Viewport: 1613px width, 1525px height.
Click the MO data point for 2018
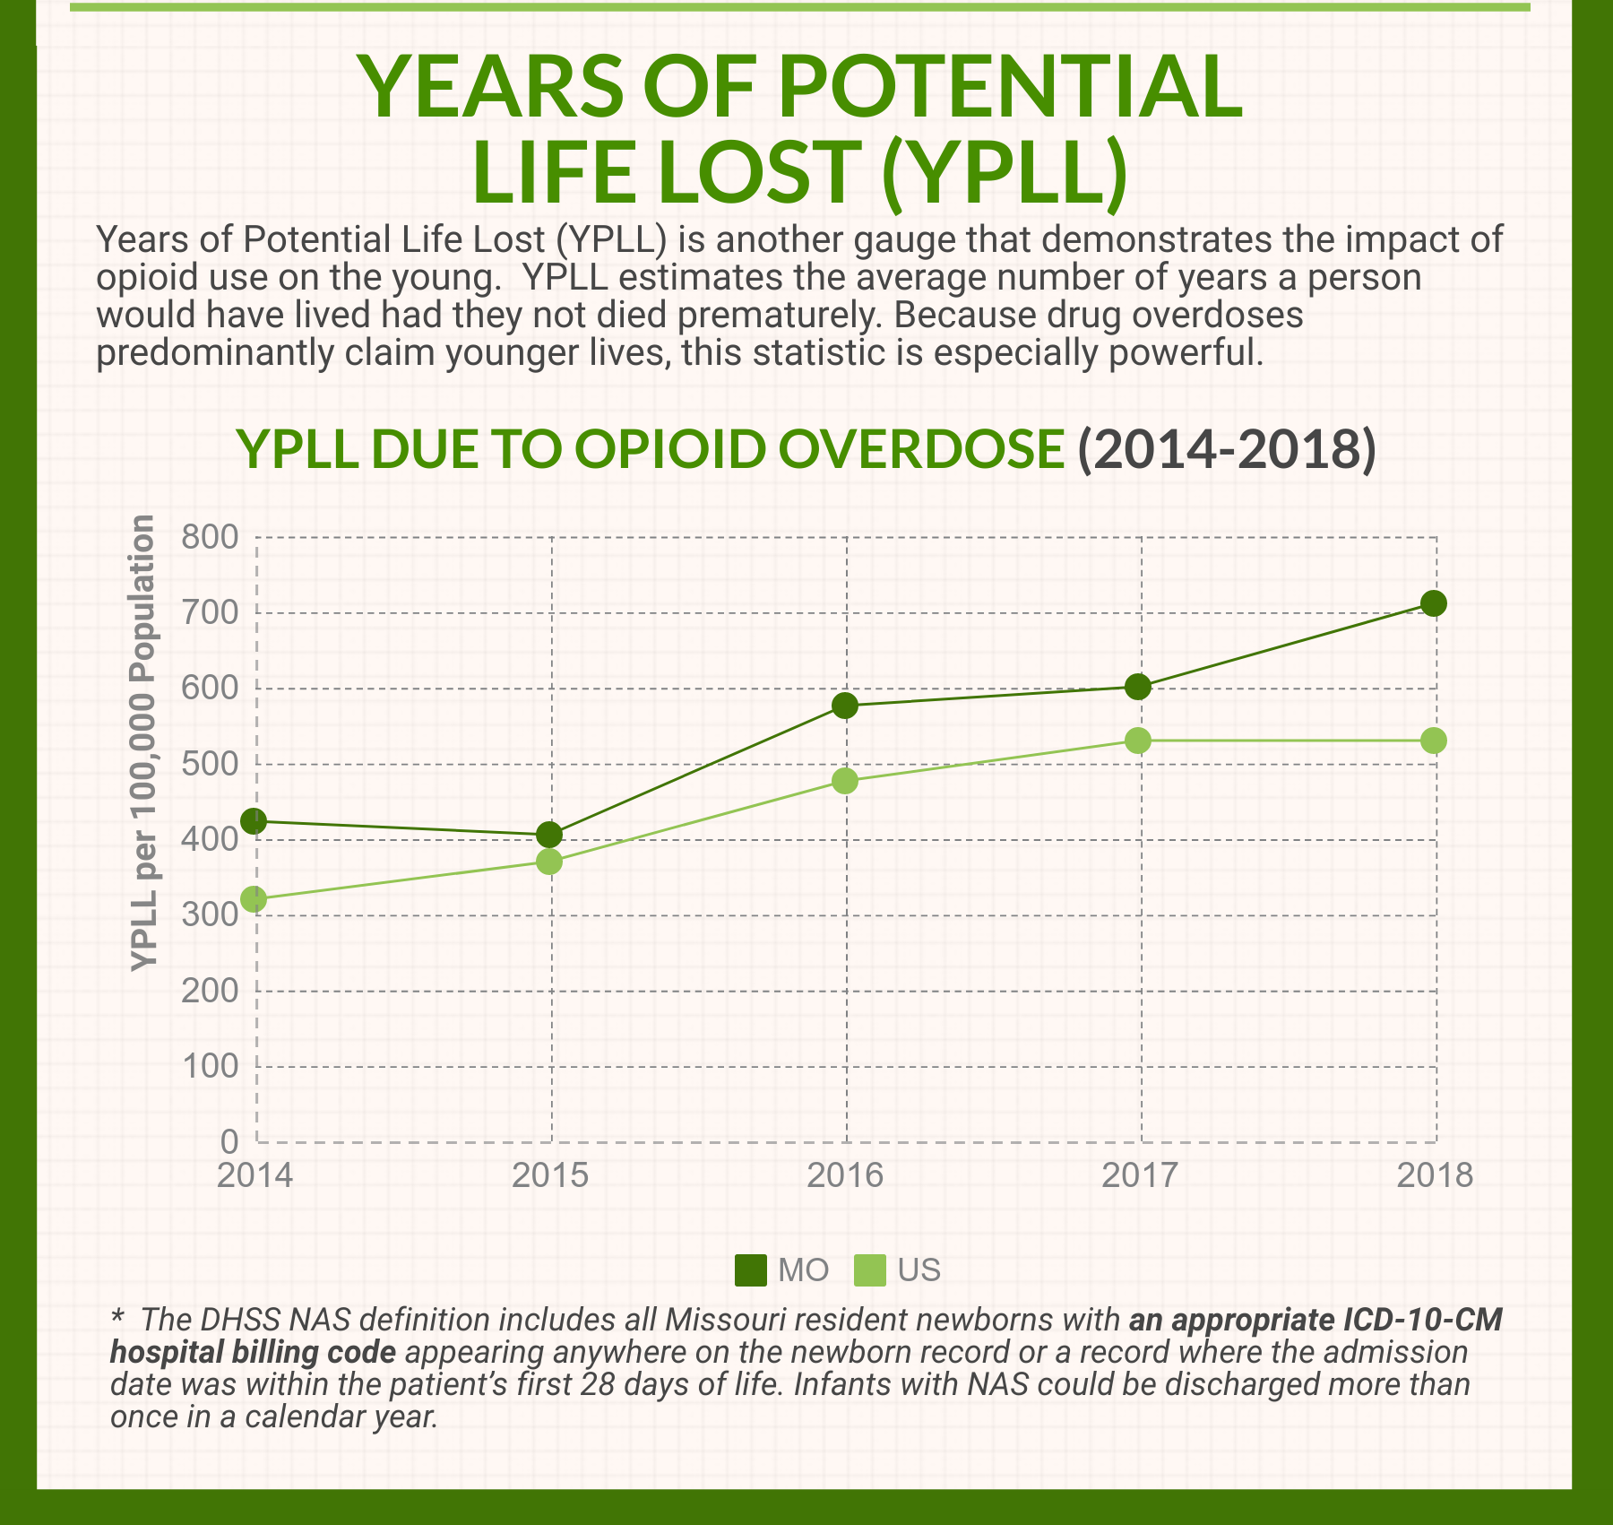[x=1434, y=603]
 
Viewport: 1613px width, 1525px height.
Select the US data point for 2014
[x=254, y=899]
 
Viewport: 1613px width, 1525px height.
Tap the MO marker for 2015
[x=549, y=836]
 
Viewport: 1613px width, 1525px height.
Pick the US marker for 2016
[x=844, y=781]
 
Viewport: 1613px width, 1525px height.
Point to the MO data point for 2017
[x=1138, y=687]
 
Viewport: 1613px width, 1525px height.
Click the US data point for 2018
[x=1434, y=741]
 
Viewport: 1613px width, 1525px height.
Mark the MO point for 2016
[x=844, y=706]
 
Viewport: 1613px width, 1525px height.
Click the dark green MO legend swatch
[x=751, y=1269]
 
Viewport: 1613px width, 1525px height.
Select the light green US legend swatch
[x=870, y=1269]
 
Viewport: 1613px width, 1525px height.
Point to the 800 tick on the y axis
[x=210, y=538]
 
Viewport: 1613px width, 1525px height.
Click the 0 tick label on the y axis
[x=229, y=1141]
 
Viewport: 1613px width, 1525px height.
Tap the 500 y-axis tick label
[x=210, y=765]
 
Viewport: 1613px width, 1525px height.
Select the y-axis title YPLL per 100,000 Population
[x=143, y=743]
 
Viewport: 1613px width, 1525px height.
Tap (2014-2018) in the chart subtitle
[x=1226, y=449]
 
